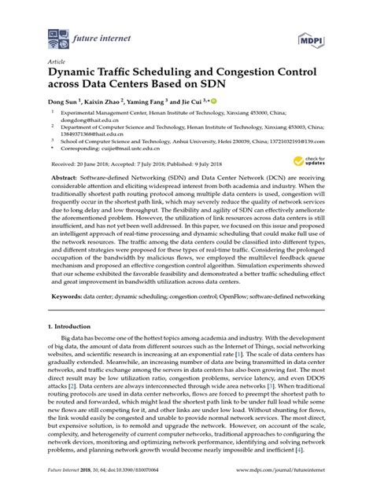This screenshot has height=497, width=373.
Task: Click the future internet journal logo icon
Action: [57, 35]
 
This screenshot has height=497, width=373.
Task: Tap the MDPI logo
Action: [310, 36]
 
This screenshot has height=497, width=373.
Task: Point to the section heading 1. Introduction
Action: [73, 324]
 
